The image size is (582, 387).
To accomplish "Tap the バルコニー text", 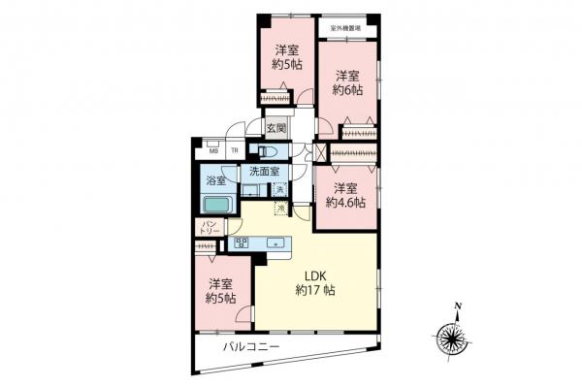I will tap(251, 346).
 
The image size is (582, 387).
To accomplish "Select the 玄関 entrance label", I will tap(275, 127).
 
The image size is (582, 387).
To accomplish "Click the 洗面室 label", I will tap(263, 172).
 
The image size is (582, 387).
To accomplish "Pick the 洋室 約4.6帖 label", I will tap(344, 195).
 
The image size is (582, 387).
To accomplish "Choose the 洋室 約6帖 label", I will tap(347, 83).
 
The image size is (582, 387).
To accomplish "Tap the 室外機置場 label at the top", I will tap(345, 29).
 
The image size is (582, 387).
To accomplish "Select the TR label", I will tap(234, 151).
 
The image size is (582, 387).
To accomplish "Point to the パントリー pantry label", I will tap(209, 229).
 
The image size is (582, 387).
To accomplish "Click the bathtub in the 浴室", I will tap(217, 206).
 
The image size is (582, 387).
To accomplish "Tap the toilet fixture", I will tap(270, 152).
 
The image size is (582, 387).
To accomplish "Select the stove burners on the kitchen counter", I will tap(242, 244).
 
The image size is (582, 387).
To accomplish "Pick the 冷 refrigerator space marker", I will tap(281, 208).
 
